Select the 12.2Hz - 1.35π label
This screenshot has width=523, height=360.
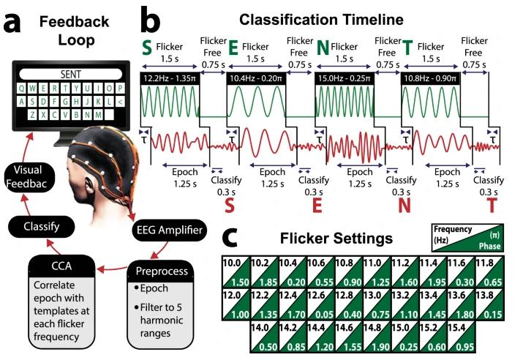click(170, 77)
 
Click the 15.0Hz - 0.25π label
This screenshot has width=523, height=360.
click(345, 77)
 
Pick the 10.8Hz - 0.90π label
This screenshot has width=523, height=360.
click(432, 77)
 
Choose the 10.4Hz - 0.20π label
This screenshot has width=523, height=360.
click(257, 77)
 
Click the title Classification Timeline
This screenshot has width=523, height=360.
click(332, 14)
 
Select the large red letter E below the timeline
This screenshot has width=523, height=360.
click(317, 207)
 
